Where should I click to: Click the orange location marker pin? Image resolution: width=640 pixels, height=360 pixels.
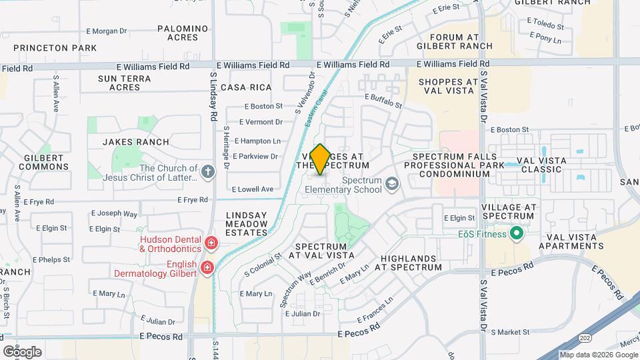coord(320,159)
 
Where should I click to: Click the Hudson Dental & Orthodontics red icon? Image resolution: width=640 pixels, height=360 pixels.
coord(211,243)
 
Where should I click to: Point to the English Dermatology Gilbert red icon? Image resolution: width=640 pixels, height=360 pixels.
coord(207,268)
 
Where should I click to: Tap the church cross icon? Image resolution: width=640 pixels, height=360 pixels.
coord(208,171)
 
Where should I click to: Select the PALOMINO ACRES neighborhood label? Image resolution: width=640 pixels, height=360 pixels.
coord(183,33)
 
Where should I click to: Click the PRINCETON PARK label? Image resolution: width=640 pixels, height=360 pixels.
coord(55,48)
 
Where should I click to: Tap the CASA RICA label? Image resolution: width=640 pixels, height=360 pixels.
coord(246,88)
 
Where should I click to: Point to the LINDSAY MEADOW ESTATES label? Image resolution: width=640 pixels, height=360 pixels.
coord(247,224)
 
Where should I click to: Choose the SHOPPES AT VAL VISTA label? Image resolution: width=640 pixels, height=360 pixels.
coord(449,87)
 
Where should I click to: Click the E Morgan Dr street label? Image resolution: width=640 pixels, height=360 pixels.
coord(107,31)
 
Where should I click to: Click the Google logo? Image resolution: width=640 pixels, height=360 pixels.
coord(22,351)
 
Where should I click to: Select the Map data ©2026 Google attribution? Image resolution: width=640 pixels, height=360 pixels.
coord(597,355)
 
